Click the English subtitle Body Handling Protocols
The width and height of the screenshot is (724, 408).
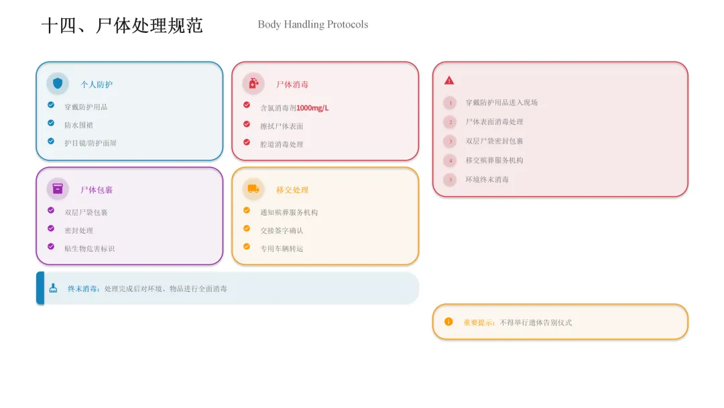pos(312,25)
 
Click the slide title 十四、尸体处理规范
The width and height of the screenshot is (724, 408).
pos(122,25)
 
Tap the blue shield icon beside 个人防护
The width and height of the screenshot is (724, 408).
pos(58,83)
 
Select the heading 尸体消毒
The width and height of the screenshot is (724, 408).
pos(292,85)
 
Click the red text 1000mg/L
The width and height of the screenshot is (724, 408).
pos(312,108)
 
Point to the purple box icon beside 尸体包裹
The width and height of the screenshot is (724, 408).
pos(58,189)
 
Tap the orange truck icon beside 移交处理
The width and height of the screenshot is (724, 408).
pos(253,189)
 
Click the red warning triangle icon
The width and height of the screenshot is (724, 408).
pos(449,81)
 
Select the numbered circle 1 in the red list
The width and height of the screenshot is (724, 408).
pos(450,103)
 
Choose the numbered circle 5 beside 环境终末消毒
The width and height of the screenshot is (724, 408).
pos(450,180)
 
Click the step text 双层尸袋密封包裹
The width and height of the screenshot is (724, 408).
pos(494,141)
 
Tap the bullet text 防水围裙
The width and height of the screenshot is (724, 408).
pos(79,125)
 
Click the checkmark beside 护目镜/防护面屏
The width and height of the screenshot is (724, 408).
pos(51,141)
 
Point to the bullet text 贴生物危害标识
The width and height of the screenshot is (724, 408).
pos(89,248)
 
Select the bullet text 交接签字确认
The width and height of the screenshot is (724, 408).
pos(282,230)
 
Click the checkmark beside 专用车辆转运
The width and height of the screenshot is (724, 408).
pos(247,246)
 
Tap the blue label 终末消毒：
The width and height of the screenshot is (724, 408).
pos(84,289)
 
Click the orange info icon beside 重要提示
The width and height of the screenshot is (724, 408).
pos(448,321)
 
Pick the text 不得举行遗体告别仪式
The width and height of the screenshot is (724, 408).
pos(536,323)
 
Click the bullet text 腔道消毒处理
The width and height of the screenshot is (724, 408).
pos(282,144)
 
